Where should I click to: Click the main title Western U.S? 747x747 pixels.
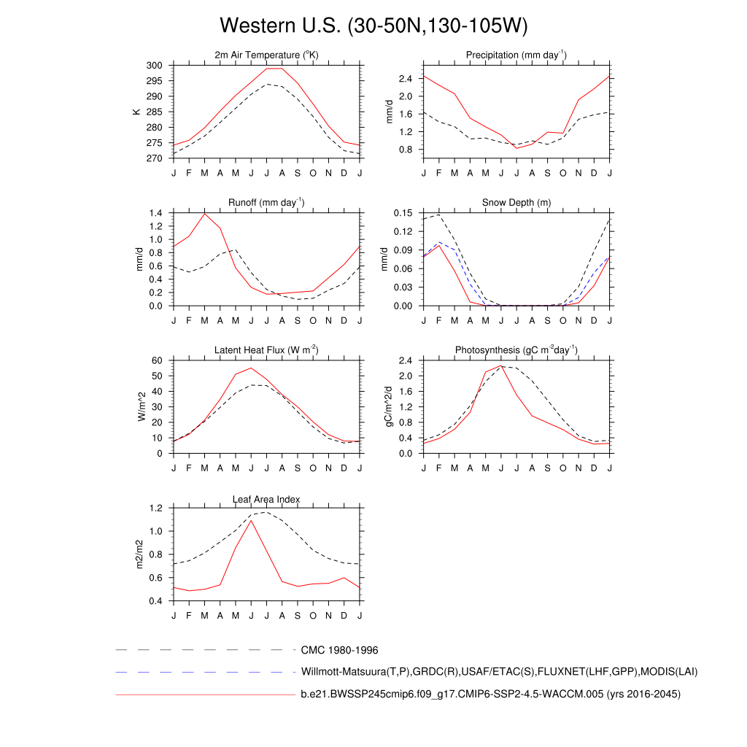coord(373,26)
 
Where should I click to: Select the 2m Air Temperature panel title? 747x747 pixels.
coord(266,55)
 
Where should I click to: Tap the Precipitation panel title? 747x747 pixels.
coord(516,55)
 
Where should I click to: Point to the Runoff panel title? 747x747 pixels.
coord(266,203)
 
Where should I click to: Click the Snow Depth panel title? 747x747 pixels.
coord(516,203)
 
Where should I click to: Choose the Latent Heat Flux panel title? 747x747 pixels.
coord(266,350)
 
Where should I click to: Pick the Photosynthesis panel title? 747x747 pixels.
coord(516,350)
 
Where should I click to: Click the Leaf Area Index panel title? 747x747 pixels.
coord(266,499)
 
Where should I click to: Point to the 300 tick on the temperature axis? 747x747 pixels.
coord(155,66)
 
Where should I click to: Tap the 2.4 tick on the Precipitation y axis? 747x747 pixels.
coord(406,79)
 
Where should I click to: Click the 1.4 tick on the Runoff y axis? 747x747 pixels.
coord(155,213)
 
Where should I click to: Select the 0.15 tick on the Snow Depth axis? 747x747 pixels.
coord(403,213)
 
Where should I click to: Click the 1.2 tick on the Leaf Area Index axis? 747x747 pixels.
coord(155,508)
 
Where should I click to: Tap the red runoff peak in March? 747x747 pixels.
coord(205,213)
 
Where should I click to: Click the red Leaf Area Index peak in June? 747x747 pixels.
coord(251,520)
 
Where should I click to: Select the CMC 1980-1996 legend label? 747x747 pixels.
coord(339,649)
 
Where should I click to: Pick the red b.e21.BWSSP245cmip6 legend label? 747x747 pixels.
coord(490,694)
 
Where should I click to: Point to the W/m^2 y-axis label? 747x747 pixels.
coord(142,406)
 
